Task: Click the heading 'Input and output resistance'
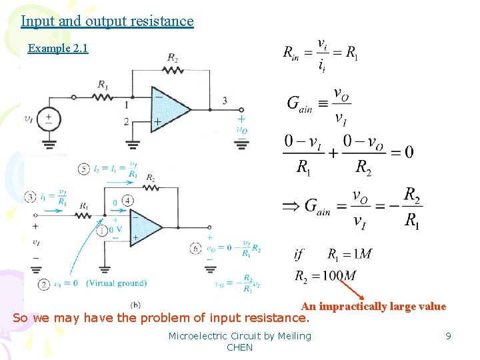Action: tap(107, 21)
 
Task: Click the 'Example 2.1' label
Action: tap(58, 48)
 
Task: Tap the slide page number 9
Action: tap(449, 336)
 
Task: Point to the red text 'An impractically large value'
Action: tap(373, 307)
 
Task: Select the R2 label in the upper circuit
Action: tap(172, 59)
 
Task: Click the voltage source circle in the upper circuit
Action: tap(49, 119)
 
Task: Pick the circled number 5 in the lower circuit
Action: tap(83, 169)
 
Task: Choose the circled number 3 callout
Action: tap(31, 197)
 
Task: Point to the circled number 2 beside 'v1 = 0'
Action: tap(44, 284)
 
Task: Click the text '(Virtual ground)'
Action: tap(117, 283)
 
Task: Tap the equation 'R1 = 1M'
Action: tap(349, 254)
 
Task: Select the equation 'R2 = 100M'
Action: tap(326, 275)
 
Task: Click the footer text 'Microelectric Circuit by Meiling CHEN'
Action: tap(240, 341)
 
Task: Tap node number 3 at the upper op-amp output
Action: tap(225, 101)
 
